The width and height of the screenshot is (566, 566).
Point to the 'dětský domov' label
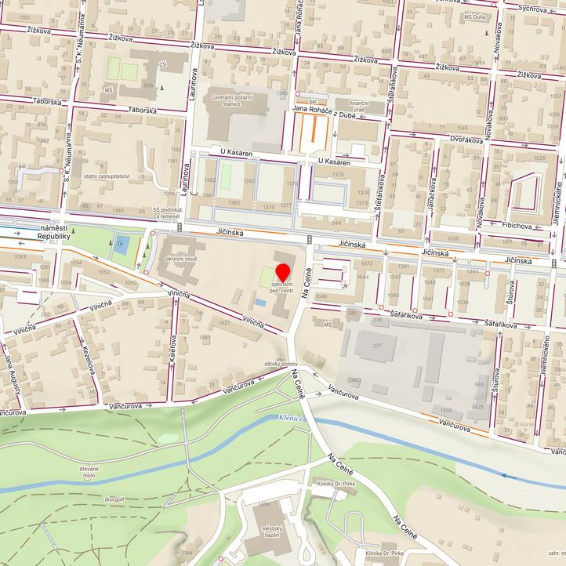click(x=280, y=364)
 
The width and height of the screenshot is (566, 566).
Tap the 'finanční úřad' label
click(x=358, y=107)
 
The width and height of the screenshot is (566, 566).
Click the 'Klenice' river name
click(x=291, y=419)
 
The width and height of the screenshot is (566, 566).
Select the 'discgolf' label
click(x=114, y=497)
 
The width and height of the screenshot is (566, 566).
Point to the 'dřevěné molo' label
click(x=88, y=472)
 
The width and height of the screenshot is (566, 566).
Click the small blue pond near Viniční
click(x=259, y=302)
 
